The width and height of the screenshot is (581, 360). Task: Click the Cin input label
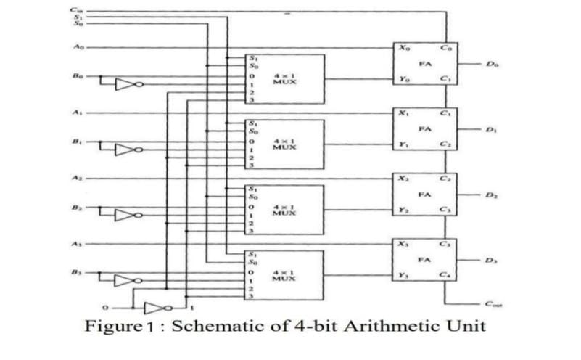[77, 9]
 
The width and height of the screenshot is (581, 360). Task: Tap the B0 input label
[77, 75]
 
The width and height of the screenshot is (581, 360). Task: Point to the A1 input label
[77, 113]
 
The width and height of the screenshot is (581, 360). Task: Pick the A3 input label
[77, 245]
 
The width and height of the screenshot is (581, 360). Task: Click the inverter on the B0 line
[128, 84]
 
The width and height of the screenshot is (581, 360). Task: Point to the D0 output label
[493, 64]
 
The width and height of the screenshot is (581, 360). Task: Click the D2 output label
[493, 195]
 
